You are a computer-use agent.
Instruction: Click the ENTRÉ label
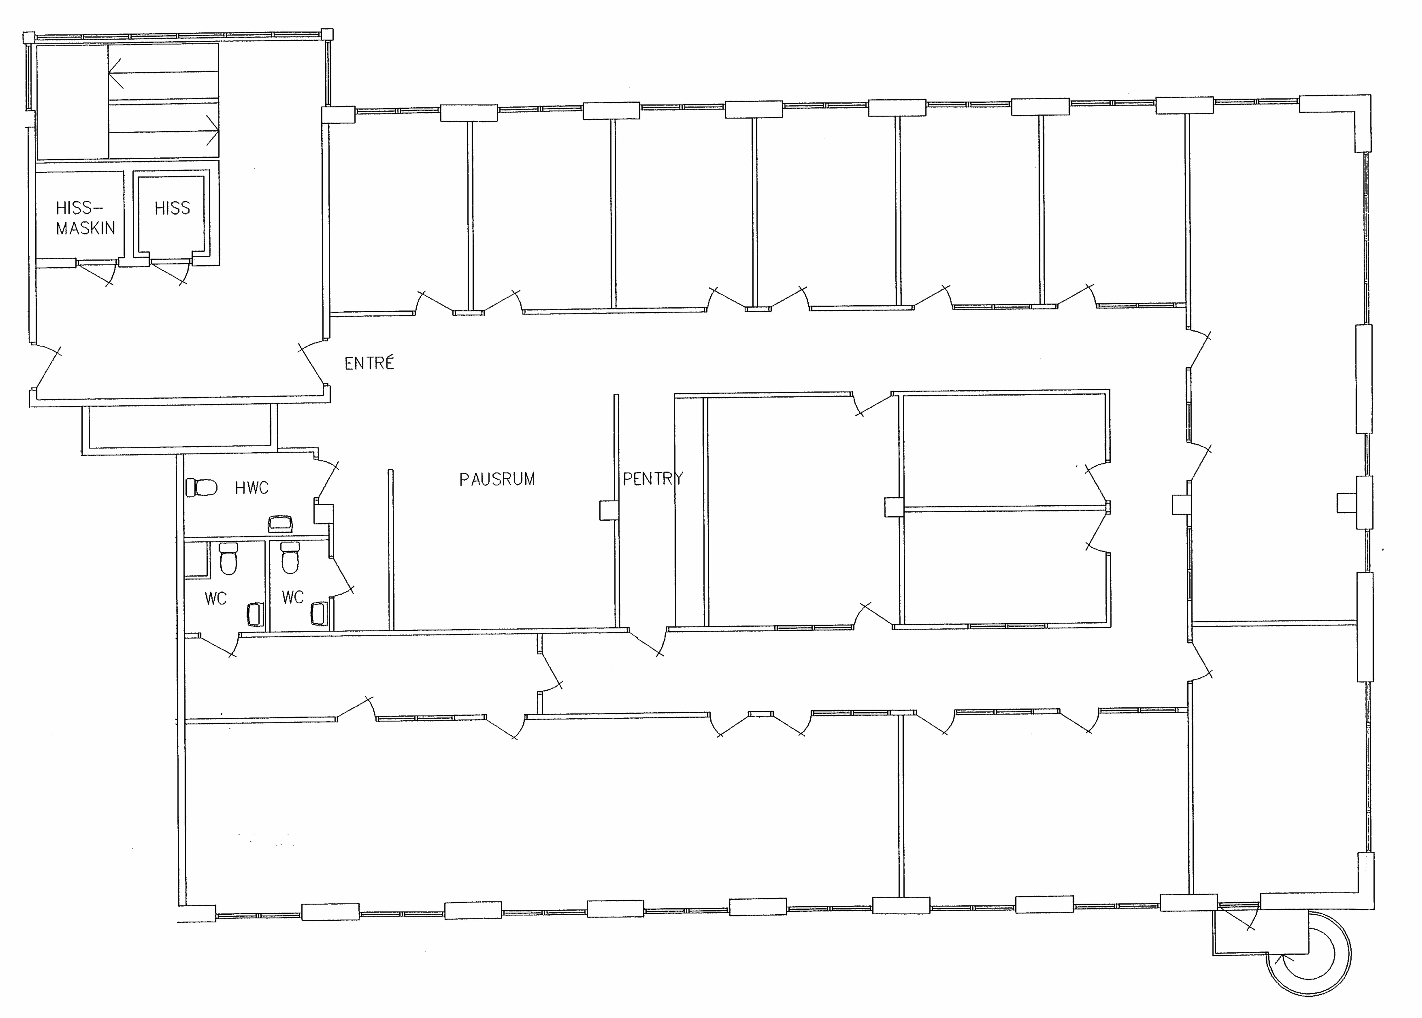coord(369,363)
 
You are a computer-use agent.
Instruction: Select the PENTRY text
coord(652,479)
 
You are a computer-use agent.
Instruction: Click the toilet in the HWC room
coord(201,487)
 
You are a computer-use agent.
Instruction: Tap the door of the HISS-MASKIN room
coord(95,273)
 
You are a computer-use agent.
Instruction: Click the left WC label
coord(216,599)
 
